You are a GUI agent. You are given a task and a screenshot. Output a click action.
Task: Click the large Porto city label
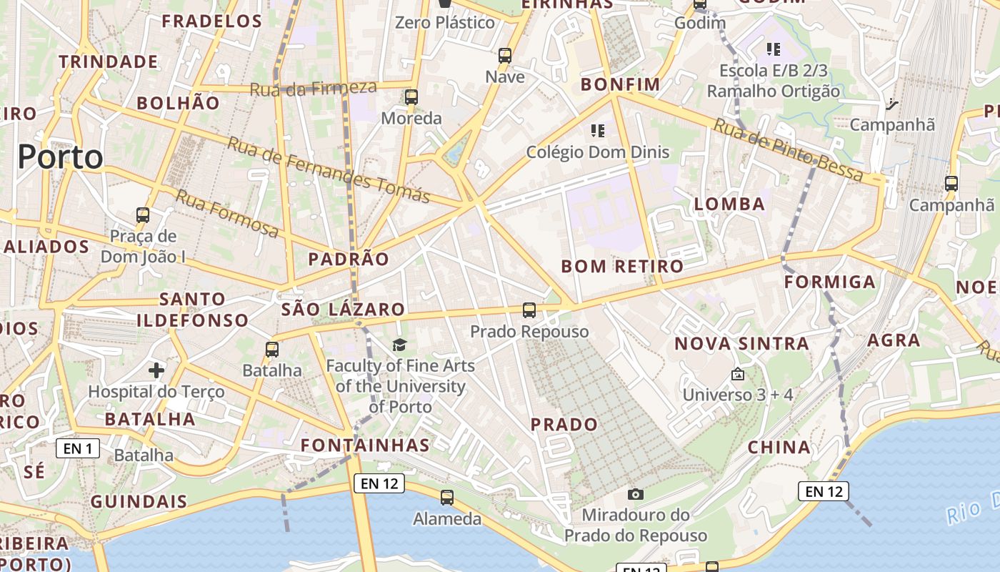point(61,157)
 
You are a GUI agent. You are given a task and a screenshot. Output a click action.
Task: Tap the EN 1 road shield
point(78,448)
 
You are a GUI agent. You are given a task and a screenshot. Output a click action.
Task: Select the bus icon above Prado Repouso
point(529,310)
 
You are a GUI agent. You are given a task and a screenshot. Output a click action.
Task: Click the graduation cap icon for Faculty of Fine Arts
point(399,345)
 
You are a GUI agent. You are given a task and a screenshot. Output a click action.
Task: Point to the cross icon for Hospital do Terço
point(156,370)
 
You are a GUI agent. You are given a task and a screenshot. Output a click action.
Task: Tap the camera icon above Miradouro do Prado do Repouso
point(635,494)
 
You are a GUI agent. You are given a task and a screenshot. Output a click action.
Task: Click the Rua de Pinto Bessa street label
point(789,151)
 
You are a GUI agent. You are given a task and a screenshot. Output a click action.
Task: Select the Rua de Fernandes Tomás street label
point(329,170)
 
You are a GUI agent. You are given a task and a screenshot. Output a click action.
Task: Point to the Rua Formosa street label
point(228,213)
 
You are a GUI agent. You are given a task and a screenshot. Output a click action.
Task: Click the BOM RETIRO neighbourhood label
point(622,267)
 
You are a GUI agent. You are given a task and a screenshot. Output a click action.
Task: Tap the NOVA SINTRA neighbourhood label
point(741,344)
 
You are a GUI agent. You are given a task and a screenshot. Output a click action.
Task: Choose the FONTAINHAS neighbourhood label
point(365,445)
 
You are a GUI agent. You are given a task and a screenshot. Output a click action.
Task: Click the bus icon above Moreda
point(411,97)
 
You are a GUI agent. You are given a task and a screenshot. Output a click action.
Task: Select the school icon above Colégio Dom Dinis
point(598,130)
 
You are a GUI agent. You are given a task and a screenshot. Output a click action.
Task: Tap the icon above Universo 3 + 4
point(738,374)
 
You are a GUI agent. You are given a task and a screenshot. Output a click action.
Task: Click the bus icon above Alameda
point(447,498)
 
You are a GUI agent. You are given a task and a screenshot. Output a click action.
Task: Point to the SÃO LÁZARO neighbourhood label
point(343,310)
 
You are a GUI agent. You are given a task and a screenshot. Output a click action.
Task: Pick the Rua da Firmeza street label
point(313,89)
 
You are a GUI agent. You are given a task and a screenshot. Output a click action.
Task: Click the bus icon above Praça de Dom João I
point(143,214)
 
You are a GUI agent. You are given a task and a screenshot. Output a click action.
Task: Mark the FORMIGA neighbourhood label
point(829,282)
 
